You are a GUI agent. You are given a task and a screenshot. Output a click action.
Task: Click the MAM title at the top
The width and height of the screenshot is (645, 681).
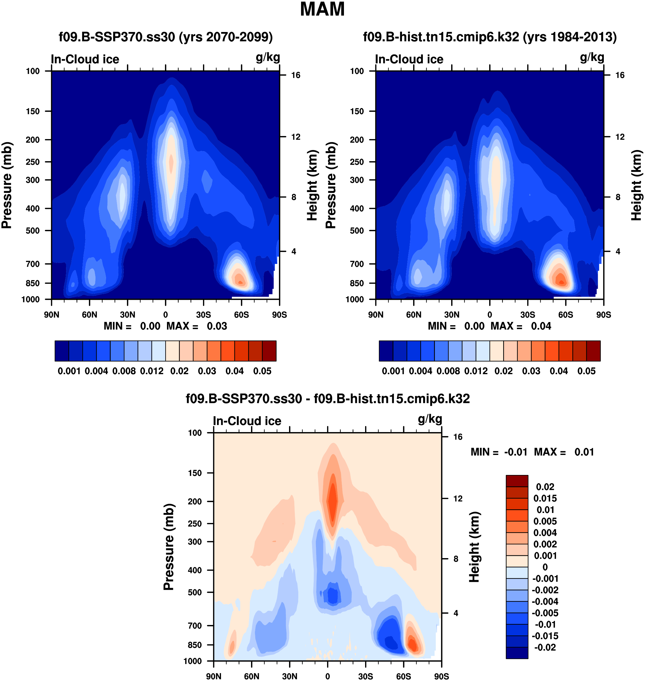coord(322,9)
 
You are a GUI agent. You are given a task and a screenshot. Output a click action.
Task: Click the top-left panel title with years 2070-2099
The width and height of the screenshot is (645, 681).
coord(166,37)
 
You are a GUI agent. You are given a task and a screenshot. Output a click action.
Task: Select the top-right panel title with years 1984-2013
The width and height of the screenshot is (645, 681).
coord(489,37)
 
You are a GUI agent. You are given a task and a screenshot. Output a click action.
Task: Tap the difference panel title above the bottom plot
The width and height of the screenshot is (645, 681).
coord(328,399)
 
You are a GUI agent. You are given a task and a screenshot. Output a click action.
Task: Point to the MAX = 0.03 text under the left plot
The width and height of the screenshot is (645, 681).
coord(197,326)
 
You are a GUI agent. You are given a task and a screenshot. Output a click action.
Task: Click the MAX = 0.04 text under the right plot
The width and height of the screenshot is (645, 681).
coord(521,326)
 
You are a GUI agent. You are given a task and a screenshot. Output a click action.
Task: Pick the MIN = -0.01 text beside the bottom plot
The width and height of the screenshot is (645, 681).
coord(499,452)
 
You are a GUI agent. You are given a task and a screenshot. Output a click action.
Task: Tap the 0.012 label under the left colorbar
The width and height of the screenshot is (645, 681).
coord(152,371)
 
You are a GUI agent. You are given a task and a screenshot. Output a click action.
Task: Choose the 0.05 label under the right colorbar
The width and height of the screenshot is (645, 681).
coord(587,371)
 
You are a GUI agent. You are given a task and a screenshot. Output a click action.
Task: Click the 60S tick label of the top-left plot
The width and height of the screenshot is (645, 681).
coord(241,315)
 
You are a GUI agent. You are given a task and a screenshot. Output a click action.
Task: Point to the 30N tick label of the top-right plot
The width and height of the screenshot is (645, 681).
coord(452,315)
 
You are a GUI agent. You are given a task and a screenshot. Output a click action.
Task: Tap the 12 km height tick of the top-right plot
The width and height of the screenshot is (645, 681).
coord(620,137)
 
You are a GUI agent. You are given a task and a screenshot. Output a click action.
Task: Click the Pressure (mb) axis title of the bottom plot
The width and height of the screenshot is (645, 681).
coord(169,547)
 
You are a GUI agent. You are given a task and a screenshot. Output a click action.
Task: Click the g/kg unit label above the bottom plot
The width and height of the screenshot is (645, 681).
coord(430,419)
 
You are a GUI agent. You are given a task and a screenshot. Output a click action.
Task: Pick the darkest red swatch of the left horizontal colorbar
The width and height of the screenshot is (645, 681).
coord(269,351)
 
